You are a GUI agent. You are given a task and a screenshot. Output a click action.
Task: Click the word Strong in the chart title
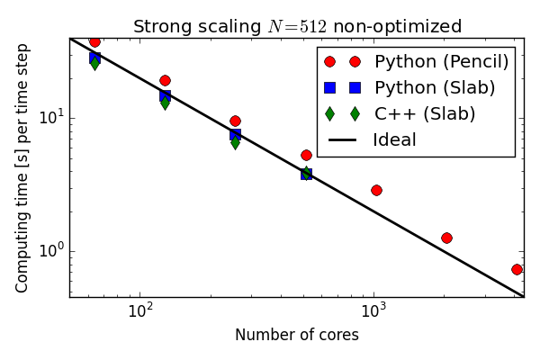pos(159,26)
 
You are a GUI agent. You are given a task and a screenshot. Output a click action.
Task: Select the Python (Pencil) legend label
pos(441,62)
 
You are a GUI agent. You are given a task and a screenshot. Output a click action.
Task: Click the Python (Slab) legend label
pos(435,88)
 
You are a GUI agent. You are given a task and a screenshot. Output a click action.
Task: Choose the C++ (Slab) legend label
pos(425,114)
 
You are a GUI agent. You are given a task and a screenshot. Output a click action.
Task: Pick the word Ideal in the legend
pos(394,140)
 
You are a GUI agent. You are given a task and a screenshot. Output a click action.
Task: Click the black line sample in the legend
pos(342,140)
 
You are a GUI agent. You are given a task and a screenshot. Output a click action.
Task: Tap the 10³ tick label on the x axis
pos(373,311)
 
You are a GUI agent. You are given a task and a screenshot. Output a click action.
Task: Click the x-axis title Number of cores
pos(296,336)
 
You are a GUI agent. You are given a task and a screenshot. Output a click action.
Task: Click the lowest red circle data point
pos(517,269)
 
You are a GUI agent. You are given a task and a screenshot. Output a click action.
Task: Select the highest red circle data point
pos(94,41)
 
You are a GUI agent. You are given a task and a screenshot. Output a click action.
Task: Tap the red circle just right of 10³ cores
pos(376,190)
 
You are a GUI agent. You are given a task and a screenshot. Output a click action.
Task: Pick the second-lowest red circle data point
pos(446,238)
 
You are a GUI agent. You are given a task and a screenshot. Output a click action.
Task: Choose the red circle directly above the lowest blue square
pos(306,155)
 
